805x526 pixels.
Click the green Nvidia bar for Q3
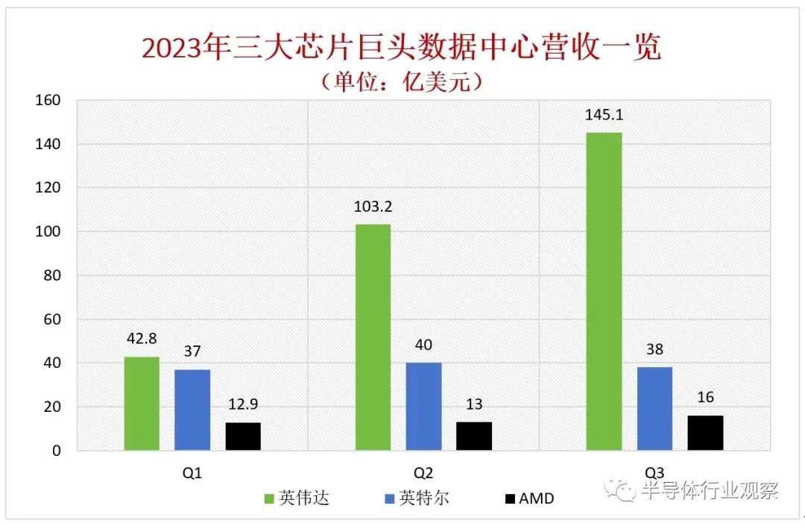pos(604,292)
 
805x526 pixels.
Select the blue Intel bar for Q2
pos(423,407)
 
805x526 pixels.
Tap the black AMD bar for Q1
pos(243,436)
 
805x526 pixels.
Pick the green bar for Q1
pos(142,404)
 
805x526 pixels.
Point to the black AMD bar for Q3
pos(705,433)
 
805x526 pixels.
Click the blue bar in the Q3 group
pos(654,409)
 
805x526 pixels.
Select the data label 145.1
pos(604,115)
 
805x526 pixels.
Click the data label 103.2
pos(373,207)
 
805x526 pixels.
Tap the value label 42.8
pos(142,339)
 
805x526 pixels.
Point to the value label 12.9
pos(243,404)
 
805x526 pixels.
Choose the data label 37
pos(192,351)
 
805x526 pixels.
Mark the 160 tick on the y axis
pos(48,100)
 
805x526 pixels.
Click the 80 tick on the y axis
pos(52,275)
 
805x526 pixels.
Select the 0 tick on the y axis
pos(57,451)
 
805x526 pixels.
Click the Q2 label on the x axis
pos(423,472)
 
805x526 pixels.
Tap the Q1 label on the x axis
pos(192,472)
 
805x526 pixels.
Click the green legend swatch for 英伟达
pos(268,498)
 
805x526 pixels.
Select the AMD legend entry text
pos(537,498)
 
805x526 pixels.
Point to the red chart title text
pos(402,48)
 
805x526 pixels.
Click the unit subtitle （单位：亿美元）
pos(402,81)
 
